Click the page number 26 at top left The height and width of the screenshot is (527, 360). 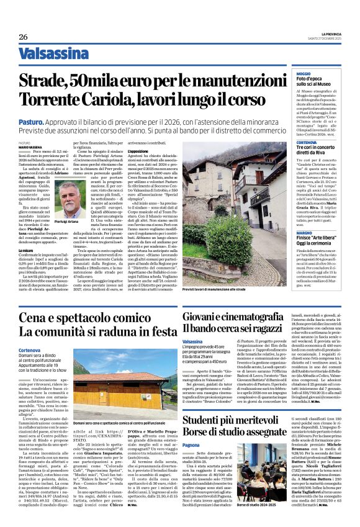coord(23,37)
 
